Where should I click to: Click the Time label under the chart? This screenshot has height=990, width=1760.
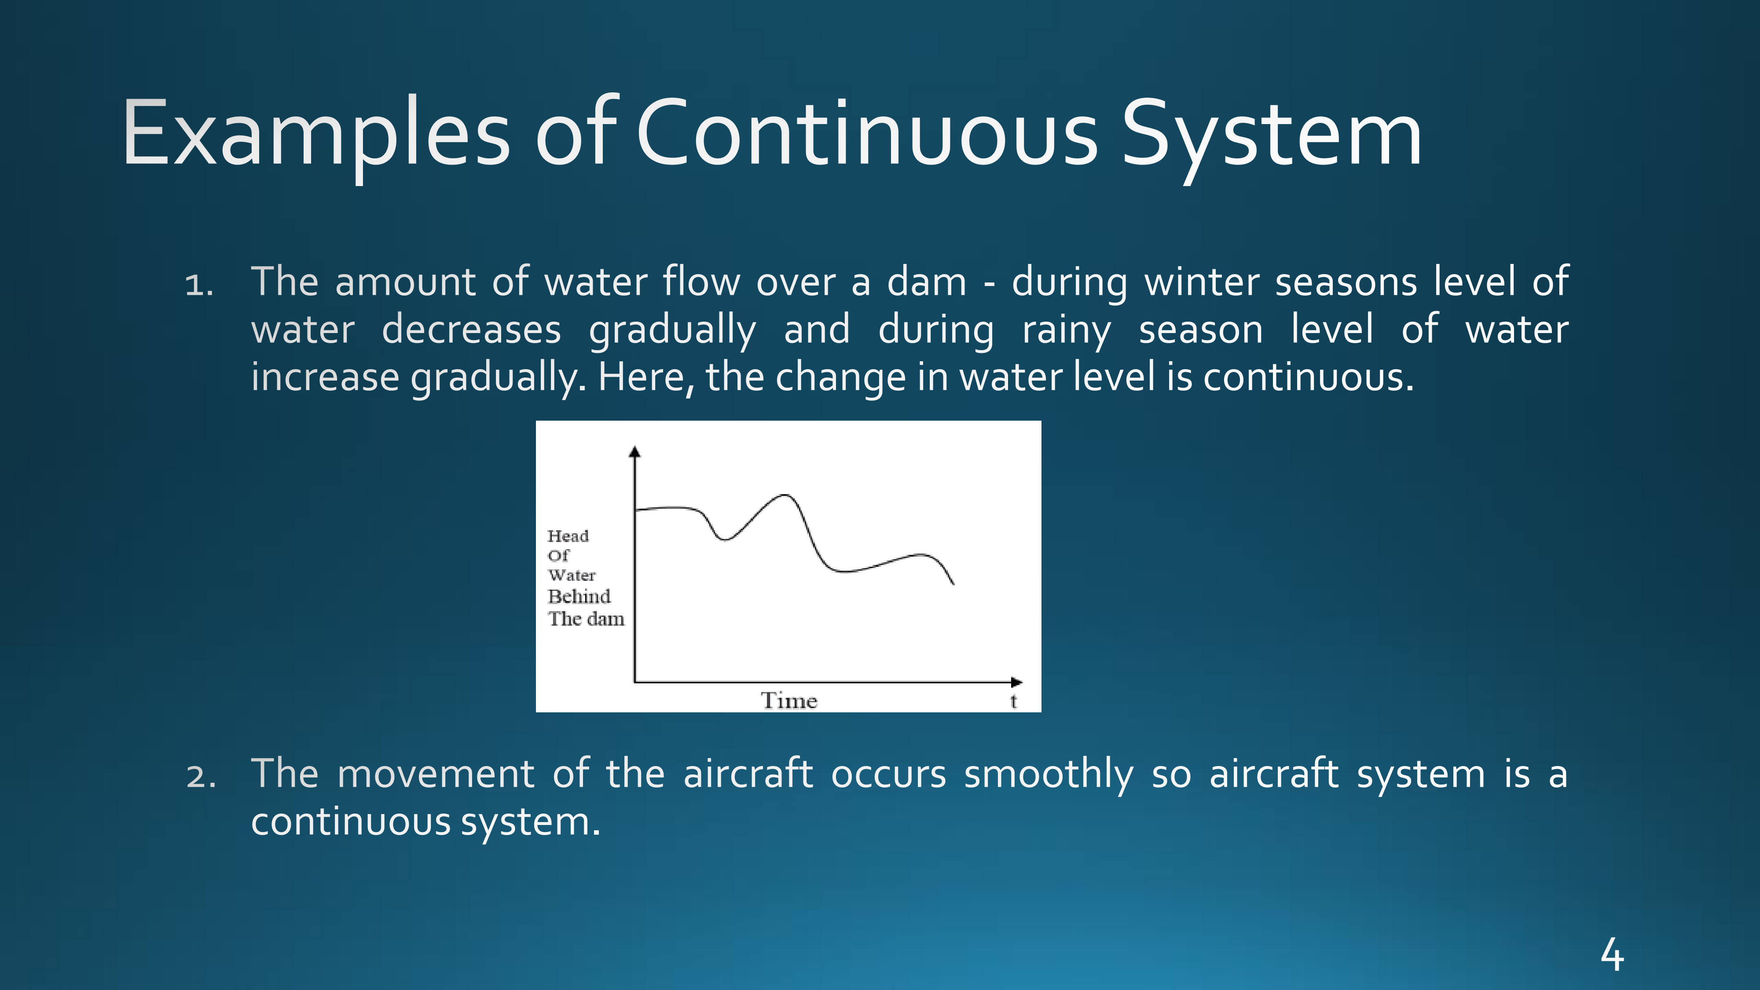tap(789, 700)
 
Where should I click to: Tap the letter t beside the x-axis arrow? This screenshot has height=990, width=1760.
tap(1014, 701)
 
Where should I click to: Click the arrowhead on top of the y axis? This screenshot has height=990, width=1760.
tap(635, 451)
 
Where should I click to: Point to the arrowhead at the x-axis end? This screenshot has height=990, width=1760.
tap(1017, 682)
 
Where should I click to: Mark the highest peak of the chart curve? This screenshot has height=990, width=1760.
tap(786, 495)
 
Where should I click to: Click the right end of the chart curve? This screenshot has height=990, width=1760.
tap(953, 584)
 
